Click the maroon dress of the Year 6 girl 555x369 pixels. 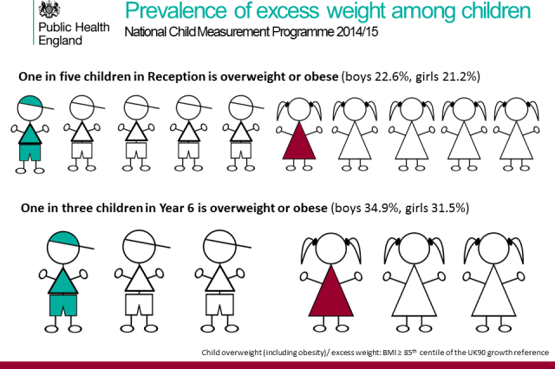click(x=330, y=292)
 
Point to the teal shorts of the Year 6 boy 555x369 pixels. click(x=62, y=304)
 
